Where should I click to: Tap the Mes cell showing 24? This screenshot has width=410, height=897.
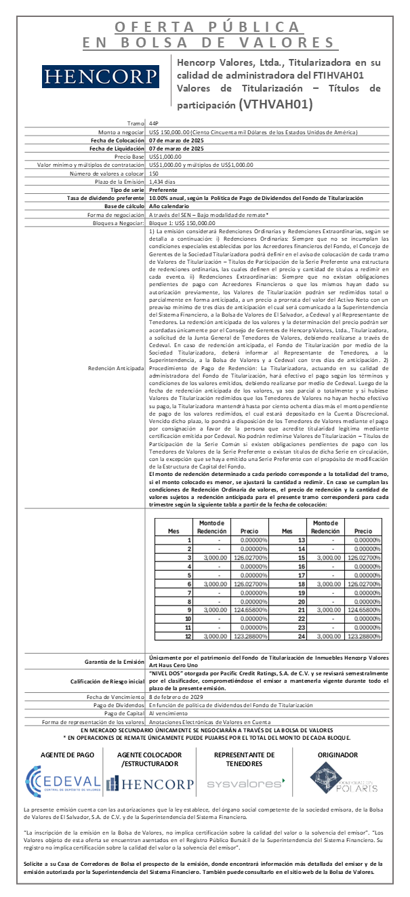coord(302,636)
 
